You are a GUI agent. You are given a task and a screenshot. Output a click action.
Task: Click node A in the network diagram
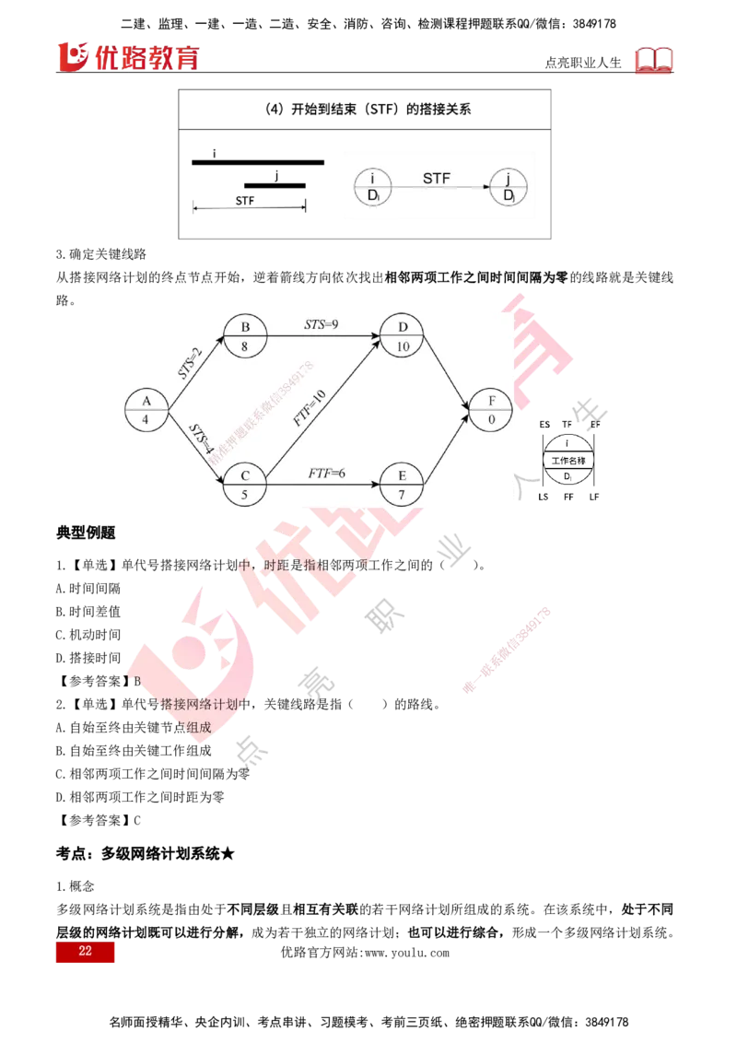pyautogui.click(x=146, y=409)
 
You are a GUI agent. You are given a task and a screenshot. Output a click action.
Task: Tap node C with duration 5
pyautogui.click(x=245, y=484)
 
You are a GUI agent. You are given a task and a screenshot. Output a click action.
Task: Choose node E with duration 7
pyautogui.click(x=402, y=484)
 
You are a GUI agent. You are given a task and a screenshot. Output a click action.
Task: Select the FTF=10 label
pyautogui.click(x=310, y=406)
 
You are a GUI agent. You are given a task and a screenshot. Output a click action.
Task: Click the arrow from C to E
pyautogui.click(x=322, y=484)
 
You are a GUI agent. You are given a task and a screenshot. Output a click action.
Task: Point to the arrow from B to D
pyautogui.click(x=322, y=336)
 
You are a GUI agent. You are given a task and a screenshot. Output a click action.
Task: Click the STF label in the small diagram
pyautogui.click(x=437, y=178)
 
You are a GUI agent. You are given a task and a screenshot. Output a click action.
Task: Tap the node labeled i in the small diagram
pyautogui.click(x=372, y=187)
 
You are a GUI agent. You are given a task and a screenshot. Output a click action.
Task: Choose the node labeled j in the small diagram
pyautogui.click(x=508, y=187)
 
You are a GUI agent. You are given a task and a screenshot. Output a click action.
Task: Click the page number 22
pyautogui.click(x=85, y=952)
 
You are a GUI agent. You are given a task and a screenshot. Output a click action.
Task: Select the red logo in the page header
pyautogui.click(x=129, y=56)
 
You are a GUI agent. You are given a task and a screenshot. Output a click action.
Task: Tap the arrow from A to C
pyautogui.click(x=193, y=446)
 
